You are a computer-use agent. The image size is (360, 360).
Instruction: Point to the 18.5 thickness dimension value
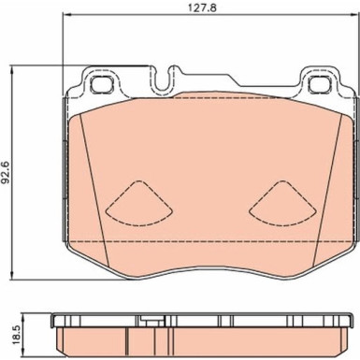[16, 334]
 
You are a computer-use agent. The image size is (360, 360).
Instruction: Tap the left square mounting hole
[101, 84]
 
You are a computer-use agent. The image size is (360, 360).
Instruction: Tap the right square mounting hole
[319, 84]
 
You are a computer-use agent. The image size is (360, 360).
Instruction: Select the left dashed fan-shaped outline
[139, 203]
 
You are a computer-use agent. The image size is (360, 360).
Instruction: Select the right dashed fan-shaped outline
[282, 203]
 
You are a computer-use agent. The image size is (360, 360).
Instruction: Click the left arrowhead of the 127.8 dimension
[66, 14]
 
